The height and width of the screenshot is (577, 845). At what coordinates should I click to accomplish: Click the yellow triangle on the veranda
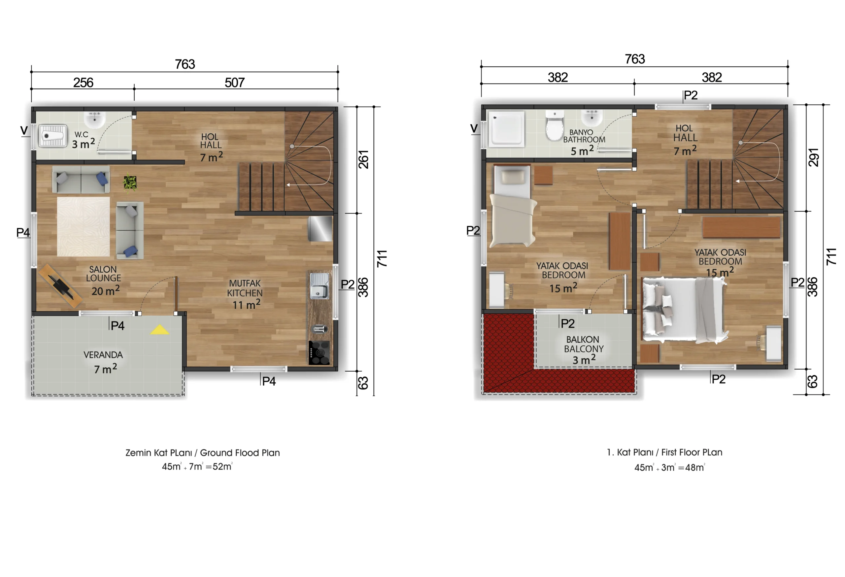tap(159, 330)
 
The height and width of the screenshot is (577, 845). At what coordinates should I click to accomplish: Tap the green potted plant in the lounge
tap(130, 183)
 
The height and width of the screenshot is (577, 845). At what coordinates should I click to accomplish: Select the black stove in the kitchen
tap(319, 352)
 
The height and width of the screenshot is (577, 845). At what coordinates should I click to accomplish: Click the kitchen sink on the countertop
tap(319, 286)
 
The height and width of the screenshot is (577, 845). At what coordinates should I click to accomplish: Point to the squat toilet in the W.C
tap(53, 136)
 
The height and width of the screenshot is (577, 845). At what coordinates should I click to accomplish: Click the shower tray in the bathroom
tap(506, 129)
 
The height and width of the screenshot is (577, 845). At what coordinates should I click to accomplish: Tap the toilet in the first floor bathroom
tap(554, 126)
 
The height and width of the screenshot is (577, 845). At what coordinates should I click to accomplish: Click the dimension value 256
tap(83, 83)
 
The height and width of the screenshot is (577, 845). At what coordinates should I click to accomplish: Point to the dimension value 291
tap(813, 157)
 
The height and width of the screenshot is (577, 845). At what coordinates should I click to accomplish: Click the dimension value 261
tap(364, 159)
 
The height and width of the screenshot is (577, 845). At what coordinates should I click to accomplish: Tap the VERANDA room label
tap(103, 355)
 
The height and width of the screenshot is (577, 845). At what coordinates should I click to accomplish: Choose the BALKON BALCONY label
tap(584, 344)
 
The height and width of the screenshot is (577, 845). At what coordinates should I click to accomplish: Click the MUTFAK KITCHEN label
tap(245, 288)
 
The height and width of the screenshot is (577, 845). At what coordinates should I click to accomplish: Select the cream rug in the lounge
tap(83, 226)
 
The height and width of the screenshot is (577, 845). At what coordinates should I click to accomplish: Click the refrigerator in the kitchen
tap(320, 229)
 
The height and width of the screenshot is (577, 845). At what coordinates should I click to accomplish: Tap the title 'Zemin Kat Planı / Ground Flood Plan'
tap(203, 453)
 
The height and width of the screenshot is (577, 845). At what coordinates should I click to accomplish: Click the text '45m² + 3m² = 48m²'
tap(669, 467)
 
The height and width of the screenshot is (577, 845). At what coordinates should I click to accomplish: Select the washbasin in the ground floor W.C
tap(95, 119)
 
